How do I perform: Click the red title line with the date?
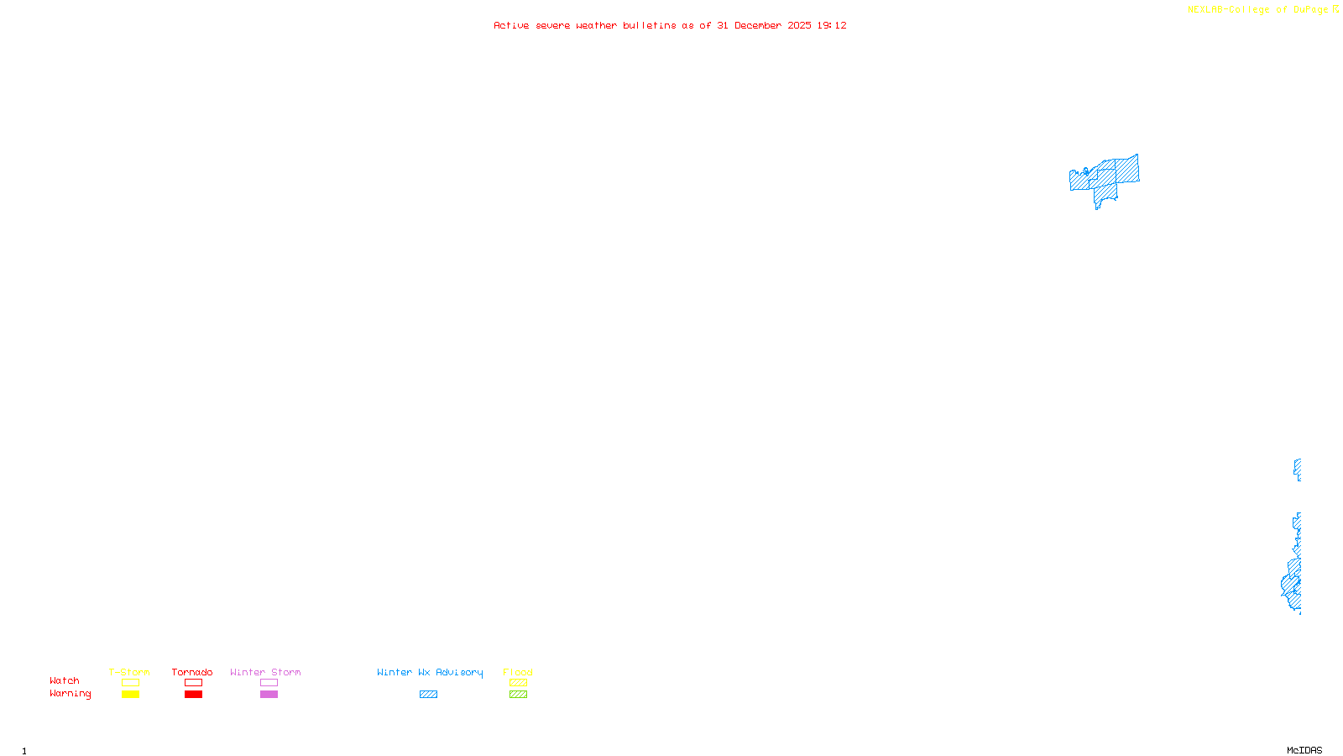(670, 26)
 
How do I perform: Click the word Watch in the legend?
(65, 681)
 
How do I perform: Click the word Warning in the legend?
(70, 694)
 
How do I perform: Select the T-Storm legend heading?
(129, 672)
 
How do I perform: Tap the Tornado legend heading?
(192, 672)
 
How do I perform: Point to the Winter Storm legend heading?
(265, 672)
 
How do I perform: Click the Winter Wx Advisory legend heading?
(430, 672)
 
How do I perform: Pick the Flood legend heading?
(518, 672)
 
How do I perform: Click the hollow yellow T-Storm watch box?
(130, 683)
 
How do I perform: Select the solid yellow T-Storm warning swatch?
(130, 695)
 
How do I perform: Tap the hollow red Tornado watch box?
(193, 683)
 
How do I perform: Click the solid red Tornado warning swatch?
(193, 695)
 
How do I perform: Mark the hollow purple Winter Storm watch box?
(269, 683)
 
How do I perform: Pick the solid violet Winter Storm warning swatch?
(269, 695)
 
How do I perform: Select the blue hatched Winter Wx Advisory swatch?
(428, 695)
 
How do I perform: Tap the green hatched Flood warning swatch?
(518, 695)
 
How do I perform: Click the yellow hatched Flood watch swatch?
(518, 683)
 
